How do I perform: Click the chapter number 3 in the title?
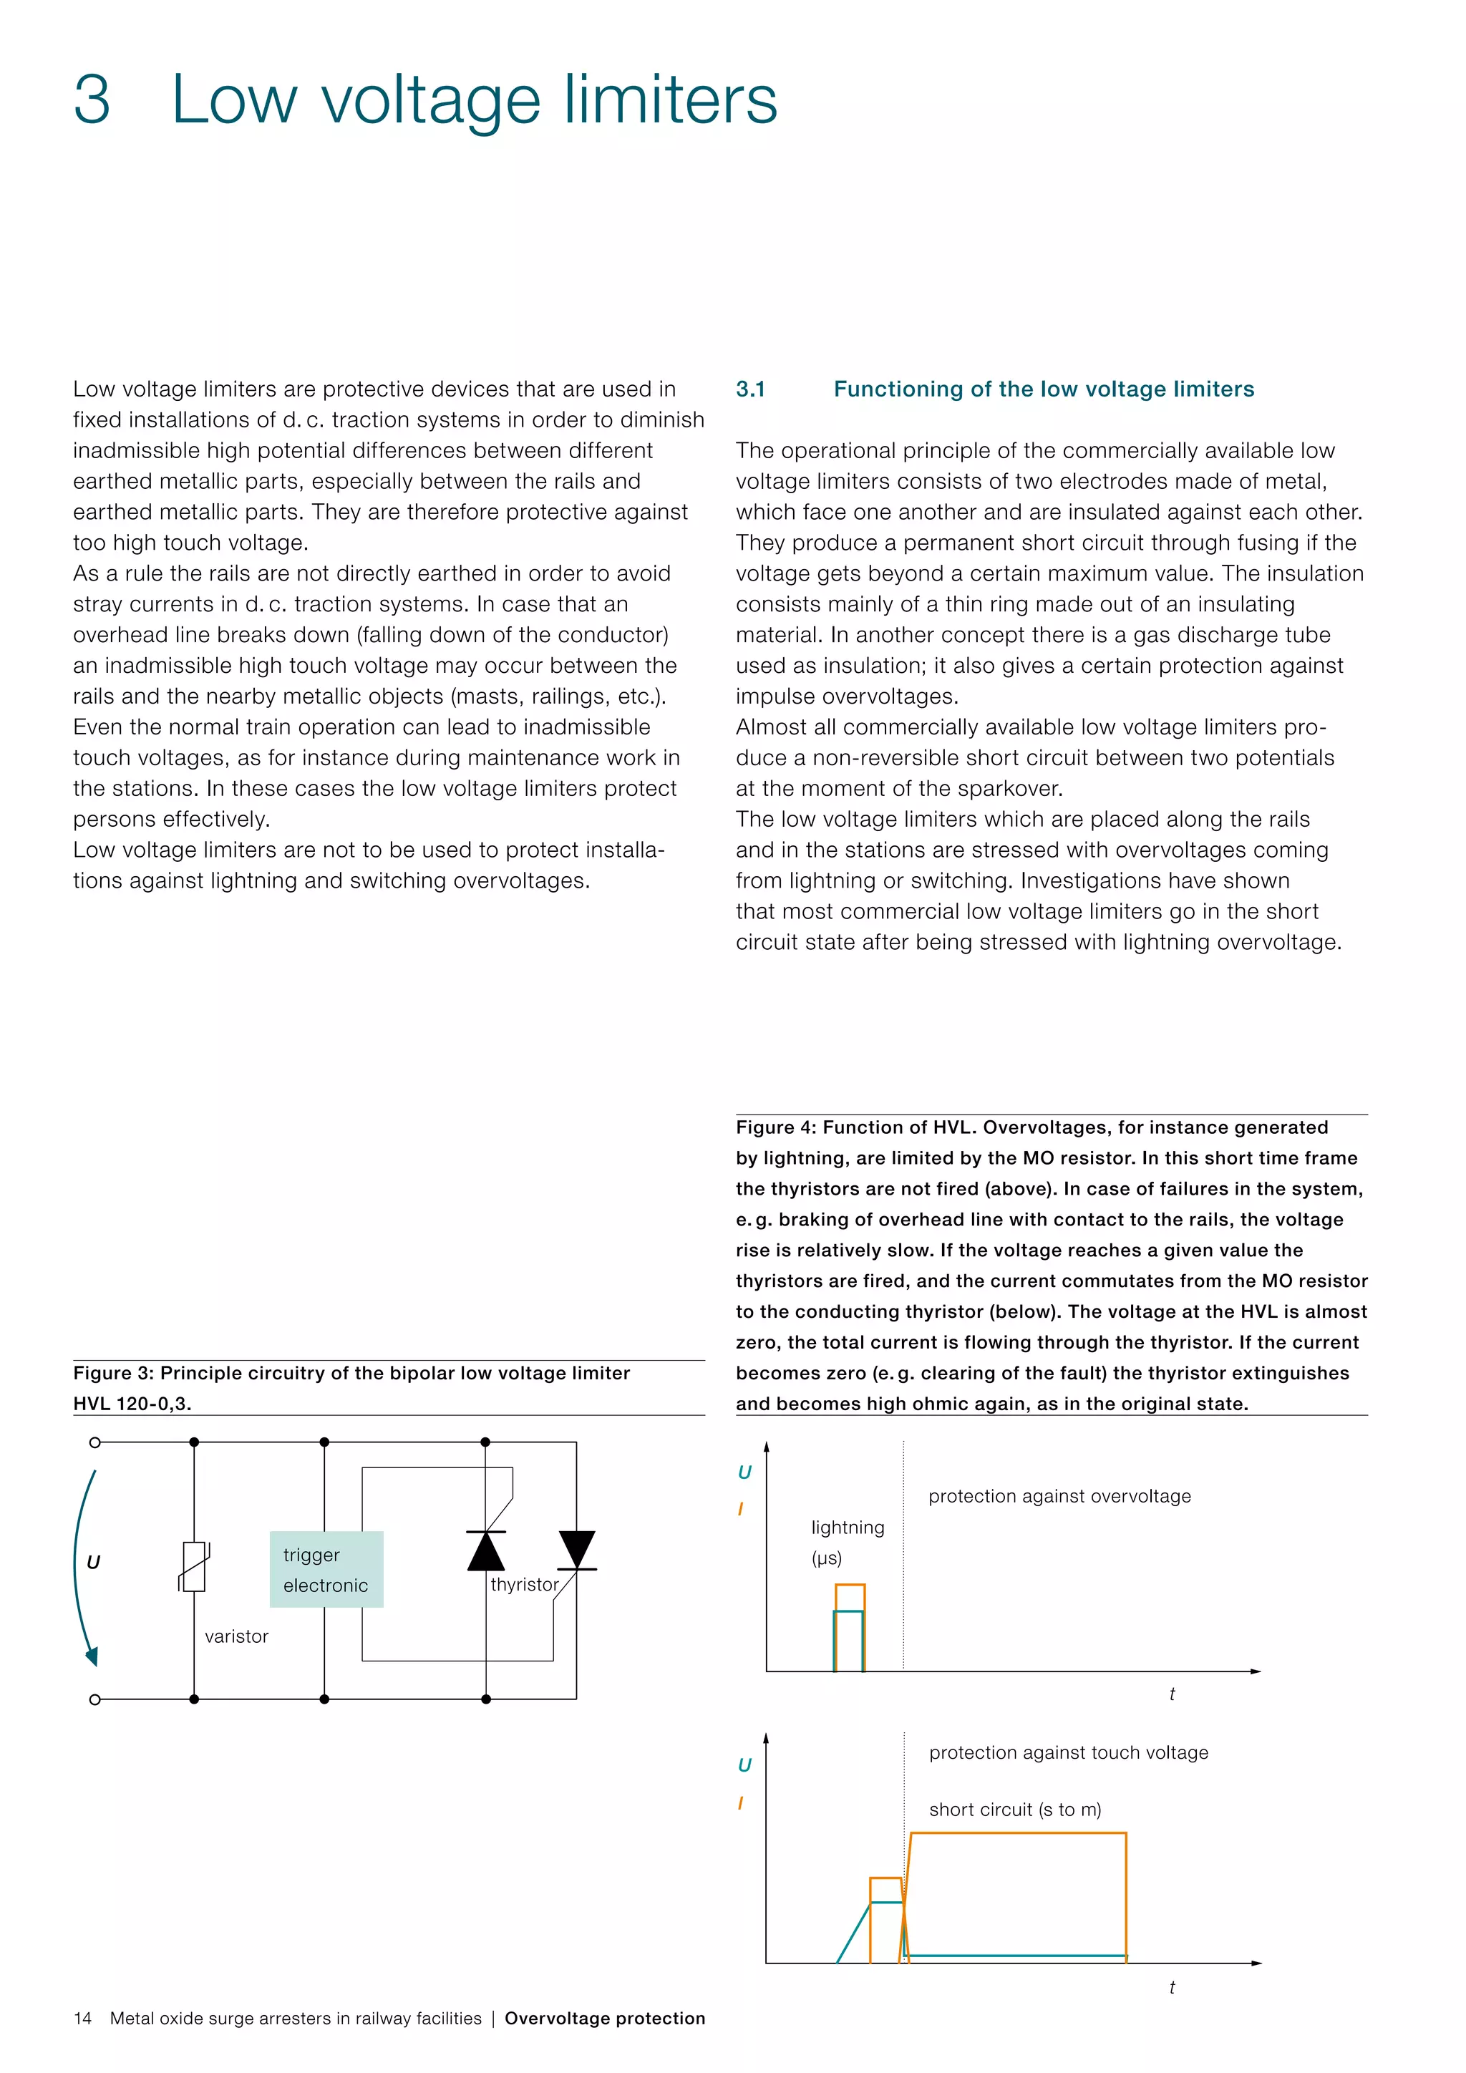[92, 99]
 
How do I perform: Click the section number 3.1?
[750, 389]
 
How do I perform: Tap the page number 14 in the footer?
[82, 2018]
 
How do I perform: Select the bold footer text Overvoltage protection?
[605, 2018]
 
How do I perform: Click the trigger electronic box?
[326, 1569]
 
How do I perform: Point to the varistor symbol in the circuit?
[194, 1566]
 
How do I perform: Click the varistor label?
[236, 1636]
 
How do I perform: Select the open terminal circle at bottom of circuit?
[94, 1699]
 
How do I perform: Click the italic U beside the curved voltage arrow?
[93, 1562]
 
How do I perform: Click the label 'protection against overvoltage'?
[1060, 1496]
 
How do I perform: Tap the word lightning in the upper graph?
[848, 1528]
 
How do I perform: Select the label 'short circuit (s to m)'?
[1014, 1810]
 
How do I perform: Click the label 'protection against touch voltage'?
[1069, 1752]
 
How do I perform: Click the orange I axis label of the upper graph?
[741, 1509]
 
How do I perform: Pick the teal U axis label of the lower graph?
[744, 1765]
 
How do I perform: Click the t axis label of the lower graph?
[1172, 1987]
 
